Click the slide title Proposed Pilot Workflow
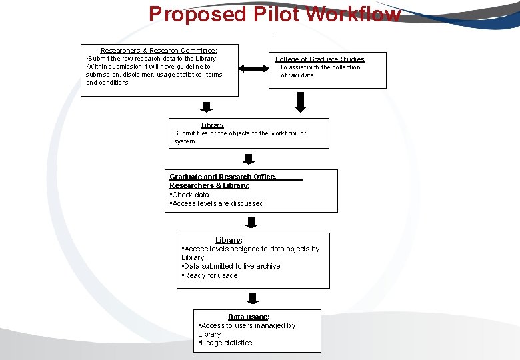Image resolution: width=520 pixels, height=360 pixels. click(x=275, y=13)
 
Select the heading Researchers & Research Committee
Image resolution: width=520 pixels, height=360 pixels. click(x=159, y=51)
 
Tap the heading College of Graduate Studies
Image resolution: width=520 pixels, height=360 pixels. click(x=320, y=59)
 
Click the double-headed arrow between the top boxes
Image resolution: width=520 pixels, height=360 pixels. click(x=252, y=69)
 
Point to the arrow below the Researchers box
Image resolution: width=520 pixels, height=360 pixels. click(x=207, y=107)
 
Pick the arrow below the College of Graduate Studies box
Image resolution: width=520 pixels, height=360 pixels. click(x=301, y=102)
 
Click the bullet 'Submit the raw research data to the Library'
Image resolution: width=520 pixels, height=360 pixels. click(x=152, y=59)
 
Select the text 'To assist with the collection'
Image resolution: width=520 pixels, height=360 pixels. click(x=320, y=67)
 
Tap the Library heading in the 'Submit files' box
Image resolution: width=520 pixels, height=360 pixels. click(x=213, y=125)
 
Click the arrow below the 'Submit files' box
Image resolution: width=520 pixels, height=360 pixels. click(x=249, y=159)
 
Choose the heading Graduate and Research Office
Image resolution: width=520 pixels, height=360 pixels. click(x=223, y=177)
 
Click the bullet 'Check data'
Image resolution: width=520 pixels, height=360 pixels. click(x=191, y=195)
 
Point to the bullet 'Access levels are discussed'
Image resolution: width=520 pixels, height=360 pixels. click(x=218, y=203)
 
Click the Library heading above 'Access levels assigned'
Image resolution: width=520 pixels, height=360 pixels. click(x=228, y=240)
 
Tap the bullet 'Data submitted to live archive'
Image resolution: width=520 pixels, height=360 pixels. click(x=232, y=266)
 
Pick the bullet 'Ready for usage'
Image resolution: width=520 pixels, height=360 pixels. click(x=211, y=275)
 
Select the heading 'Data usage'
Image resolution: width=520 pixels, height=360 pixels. click(x=248, y=317)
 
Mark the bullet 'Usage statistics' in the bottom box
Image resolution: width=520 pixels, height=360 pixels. click(x=226, y=343)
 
